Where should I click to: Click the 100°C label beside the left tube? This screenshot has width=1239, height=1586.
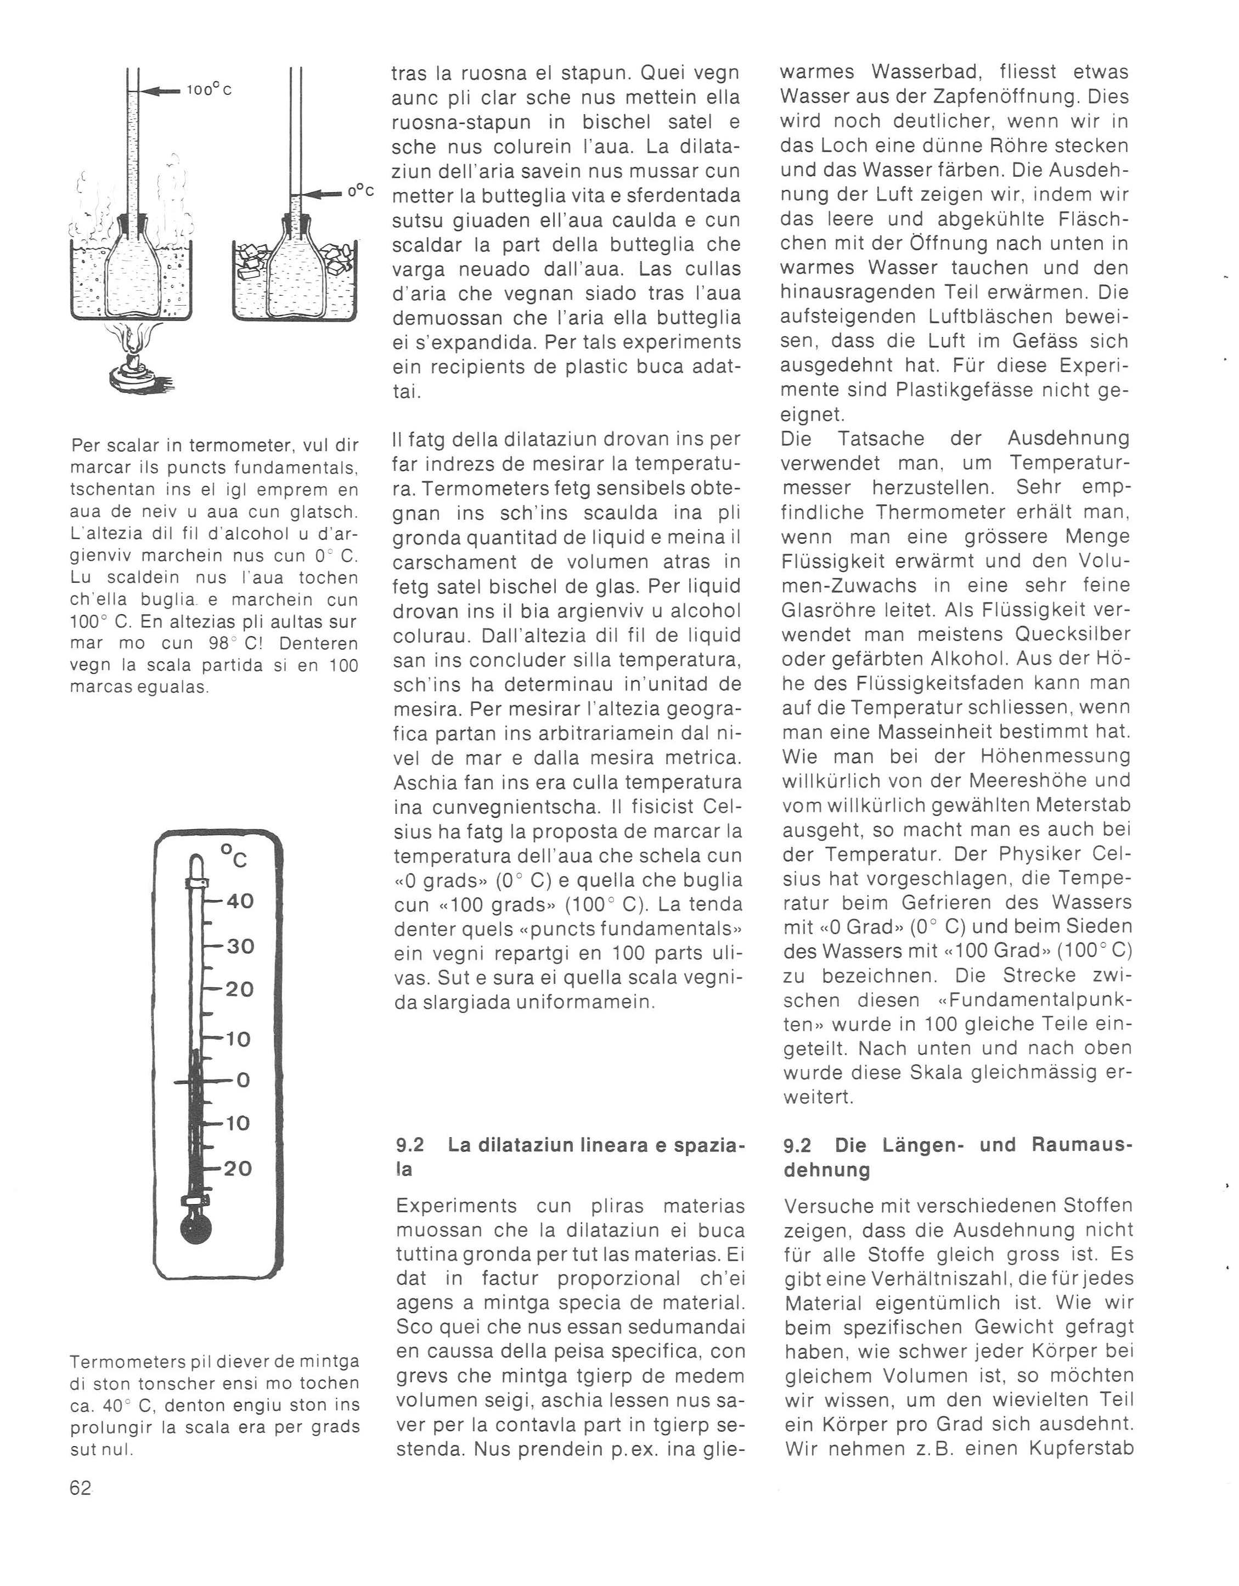[x=209, y=91]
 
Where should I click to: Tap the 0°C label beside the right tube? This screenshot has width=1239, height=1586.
[x=360, y=192]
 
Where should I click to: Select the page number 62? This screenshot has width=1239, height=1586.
[x=81, y=1488]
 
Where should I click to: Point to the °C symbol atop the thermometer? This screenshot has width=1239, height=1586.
[x=234, y=856]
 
